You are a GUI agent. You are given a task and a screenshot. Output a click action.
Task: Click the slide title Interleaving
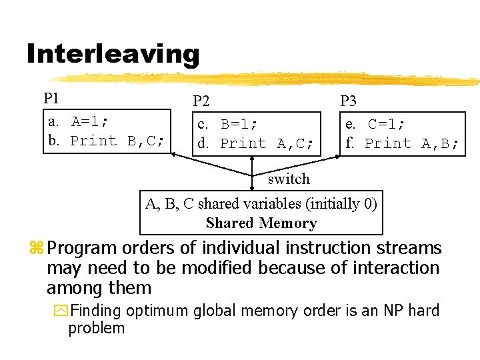113,53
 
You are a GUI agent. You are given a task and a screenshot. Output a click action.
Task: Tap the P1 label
51,99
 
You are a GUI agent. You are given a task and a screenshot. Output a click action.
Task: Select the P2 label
201,101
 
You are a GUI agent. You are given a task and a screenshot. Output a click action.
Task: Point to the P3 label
348,101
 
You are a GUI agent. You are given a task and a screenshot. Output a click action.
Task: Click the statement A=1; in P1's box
90,121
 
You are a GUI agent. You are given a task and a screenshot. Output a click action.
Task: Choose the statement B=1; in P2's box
239,124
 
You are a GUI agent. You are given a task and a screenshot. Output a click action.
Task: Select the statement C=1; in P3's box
387,124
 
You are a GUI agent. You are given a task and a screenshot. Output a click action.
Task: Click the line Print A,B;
411,143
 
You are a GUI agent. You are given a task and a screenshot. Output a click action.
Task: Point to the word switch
289,179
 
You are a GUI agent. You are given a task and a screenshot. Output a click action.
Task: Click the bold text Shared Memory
261,223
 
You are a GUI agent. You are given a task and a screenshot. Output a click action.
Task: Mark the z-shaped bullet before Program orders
36,249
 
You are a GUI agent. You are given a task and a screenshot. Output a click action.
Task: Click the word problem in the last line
97,328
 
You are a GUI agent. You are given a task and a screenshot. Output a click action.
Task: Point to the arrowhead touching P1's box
173,155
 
